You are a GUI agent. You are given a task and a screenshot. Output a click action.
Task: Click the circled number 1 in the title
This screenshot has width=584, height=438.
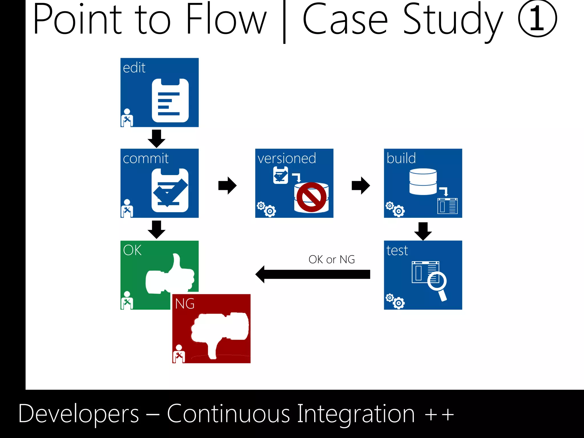point(537,19)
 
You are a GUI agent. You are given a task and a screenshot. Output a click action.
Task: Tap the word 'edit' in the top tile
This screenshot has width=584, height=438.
point(134,68)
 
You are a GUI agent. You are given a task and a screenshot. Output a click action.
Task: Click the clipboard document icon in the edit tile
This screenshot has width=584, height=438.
point(170,100)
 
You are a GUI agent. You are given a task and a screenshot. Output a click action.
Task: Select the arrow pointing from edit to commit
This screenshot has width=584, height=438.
point(157,138)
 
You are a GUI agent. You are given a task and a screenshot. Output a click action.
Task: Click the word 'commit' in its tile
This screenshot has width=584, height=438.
point(146,159)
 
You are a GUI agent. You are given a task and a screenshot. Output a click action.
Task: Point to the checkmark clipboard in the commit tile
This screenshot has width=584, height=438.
point(170,190)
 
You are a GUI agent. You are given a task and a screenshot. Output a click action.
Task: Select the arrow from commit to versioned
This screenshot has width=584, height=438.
point(227,186)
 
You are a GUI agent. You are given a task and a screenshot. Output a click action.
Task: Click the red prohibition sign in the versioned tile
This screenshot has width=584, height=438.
point(311,197)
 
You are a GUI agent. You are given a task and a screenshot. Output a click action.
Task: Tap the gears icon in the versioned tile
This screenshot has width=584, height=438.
point(266,209)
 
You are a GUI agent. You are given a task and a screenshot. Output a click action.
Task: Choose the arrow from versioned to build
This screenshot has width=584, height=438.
point(361,186)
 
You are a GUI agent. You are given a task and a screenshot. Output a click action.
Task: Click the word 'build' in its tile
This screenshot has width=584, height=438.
point(401,158)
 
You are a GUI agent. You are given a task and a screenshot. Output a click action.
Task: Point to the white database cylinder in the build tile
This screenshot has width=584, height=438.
point(423,182)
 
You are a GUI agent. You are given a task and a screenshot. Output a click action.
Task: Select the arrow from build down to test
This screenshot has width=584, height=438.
point(423,231)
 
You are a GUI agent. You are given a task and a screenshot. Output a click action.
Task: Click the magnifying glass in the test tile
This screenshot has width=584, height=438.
point(438,284)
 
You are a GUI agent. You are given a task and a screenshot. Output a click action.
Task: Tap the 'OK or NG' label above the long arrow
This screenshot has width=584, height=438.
point(332,259)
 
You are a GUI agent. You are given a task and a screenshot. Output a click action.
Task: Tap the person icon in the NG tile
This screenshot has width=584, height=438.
point(179,354)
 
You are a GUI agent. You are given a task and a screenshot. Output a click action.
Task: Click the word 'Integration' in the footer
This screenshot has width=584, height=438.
point(356,414)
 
